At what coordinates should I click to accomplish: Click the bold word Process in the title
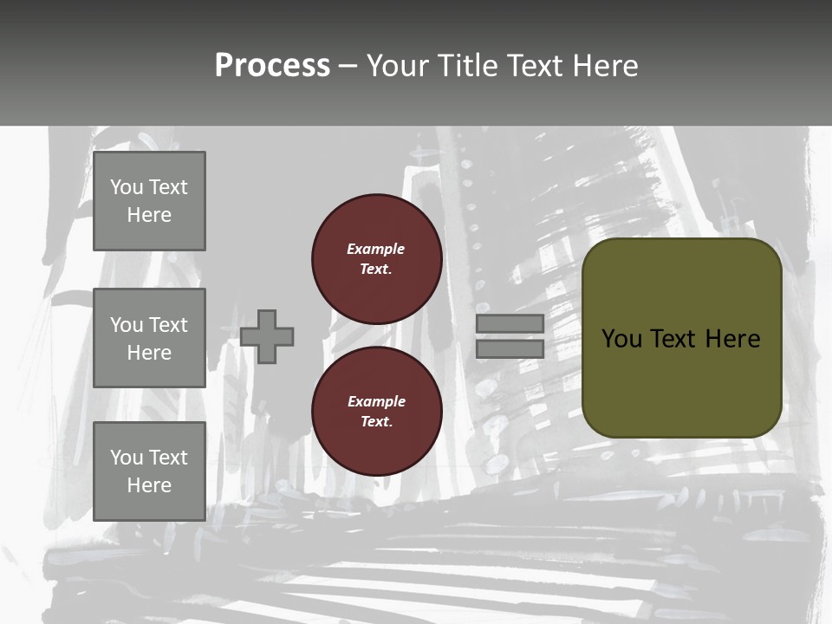272,66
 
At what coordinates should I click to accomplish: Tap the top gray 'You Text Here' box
149,201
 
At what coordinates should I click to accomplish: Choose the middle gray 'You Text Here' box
149,338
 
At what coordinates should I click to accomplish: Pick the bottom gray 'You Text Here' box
149,471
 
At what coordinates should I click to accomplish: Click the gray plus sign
267,336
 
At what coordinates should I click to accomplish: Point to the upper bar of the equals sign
510,323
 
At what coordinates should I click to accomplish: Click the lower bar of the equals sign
510,348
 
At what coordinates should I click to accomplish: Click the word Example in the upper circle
376,249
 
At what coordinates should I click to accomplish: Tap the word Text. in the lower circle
376,421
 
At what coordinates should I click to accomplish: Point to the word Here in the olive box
732,339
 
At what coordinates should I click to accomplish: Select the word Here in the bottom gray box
149,485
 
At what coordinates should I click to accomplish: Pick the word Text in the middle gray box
168,325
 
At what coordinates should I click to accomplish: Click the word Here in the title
604,66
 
